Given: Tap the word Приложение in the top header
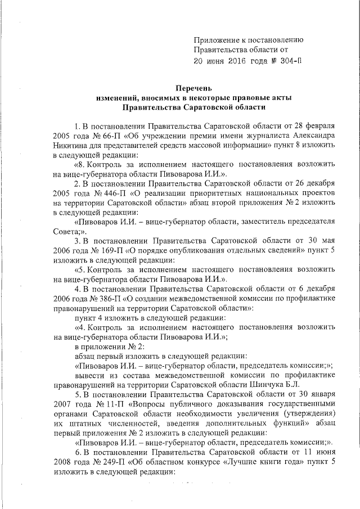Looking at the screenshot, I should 218,39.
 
